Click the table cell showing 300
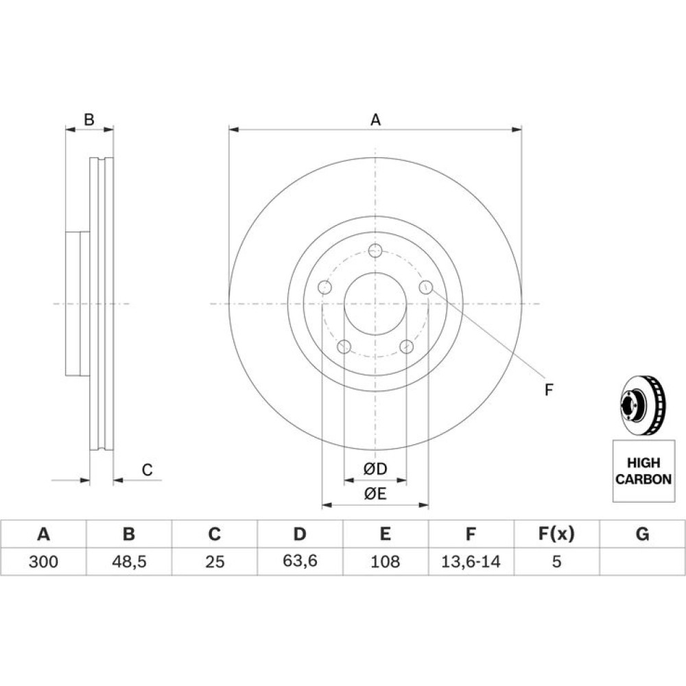[x=43, y=561]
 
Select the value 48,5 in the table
[x=129, y=561]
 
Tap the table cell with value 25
[x=214, y=561]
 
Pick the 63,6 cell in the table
[x=300, y=561]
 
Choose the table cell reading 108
[x=386, y=561]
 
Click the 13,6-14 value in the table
[x=471, y=561]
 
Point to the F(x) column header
[x=556, y=534]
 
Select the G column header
[x=642, y=534]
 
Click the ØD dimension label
[x=375, y=469]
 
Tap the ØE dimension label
[x=375, y=494]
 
